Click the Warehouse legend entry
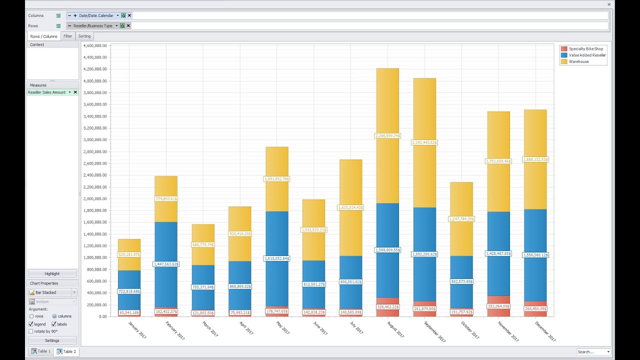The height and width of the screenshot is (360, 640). click(578, 61)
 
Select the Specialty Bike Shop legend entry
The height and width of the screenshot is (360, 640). click(585, 49)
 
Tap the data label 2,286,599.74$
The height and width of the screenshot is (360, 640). click(387, 135)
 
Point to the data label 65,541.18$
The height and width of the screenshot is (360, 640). click(129, 313)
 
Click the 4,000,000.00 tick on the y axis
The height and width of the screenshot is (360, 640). click(95, 81)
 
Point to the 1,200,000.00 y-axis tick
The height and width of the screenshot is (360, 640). click(95, 246)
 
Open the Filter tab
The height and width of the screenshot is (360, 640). click(67, 36)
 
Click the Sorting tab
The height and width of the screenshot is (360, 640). click(84, 36)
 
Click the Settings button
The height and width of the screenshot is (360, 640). click(52, 340)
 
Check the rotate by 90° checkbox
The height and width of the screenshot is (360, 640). click(31, 331)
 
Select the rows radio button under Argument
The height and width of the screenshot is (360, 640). click(31, 316)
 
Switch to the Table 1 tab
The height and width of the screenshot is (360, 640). click(40, 351)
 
